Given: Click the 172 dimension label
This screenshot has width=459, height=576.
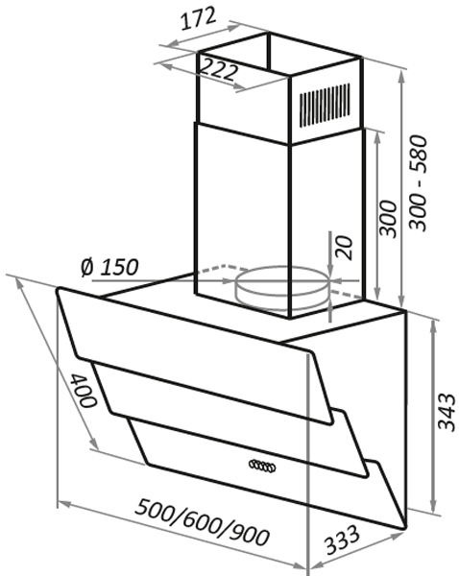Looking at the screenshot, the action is pyautogui.click(x=198, y=18).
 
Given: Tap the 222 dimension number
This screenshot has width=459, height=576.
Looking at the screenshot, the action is pyautogui.click(x=219, y=69).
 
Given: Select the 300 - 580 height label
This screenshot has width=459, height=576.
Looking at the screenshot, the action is pyautogui.click(x=419, y=183).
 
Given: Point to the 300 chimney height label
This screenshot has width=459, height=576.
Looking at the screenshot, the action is pyautogui.click(x=389, y=219).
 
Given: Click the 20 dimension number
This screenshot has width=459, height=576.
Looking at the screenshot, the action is pyautogui.click(x=345, y=248).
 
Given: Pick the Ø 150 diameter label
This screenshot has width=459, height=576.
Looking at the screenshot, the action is pyautogui.click(x=109, y=267).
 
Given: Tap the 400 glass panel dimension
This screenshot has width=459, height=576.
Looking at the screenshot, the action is pyautogui.click(x=83, y=390).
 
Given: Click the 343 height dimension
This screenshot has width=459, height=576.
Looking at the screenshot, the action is pyautogui.click(x=447, y=412).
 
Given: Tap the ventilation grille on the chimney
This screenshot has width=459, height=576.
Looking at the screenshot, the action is pyautogui.click(x=324, y=105).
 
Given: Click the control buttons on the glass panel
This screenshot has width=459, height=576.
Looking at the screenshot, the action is pyautogui.click(x=262, y=466).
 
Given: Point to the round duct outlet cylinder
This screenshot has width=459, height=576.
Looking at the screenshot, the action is pyautogui.click(x=282, y=285).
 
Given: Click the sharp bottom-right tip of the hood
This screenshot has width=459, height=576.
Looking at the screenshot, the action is pyautogui.click(x=405, y=528).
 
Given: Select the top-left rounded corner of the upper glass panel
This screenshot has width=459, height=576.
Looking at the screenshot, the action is pyautogui.click(x=59, y=290).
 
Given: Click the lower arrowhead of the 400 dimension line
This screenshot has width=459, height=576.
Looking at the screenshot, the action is pyautogui.click(x=94, y=444).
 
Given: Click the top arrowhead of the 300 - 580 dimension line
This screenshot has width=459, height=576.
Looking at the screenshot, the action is pyautogui.click(x=402, y=75).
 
